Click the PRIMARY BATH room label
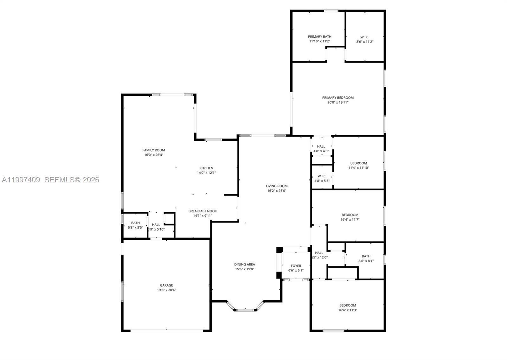tap(319, 36)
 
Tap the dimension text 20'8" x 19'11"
tap(338, 102)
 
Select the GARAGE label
tap(166, 285)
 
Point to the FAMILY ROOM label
tap(154, 150)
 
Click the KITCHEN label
tap(206, 168)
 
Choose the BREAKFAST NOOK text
tap(202, 211)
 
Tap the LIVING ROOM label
tap(277, 186)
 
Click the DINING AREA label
tap(244, 264)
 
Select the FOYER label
tap(296, 266)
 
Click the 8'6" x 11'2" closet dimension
tap(365, 42)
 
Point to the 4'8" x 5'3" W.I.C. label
tap(322, 176)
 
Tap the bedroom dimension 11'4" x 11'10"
tap(359, 168)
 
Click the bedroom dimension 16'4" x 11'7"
tap(350, 219)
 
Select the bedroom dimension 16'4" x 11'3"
tap(348, 310)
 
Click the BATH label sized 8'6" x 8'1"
tap(366, 256)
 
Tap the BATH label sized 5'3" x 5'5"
tap(135, 223)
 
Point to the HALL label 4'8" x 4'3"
tap(321, 146)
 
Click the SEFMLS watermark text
tap(72, 180)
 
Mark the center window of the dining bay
tap(245, 310)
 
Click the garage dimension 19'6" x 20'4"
tap(166, 290)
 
